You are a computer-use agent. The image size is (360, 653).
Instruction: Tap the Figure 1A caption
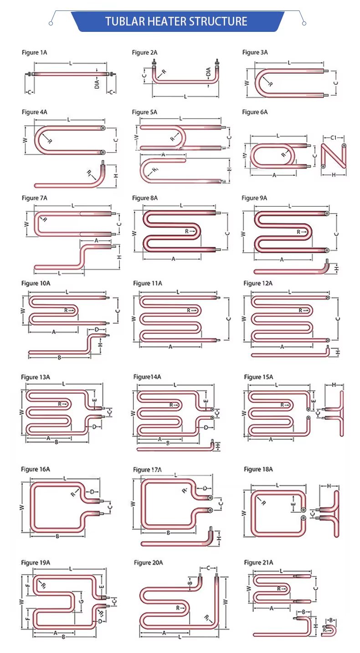(34, 53)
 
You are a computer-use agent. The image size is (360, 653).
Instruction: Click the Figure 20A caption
(148, 563)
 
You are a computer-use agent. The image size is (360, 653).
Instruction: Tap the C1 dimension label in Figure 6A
(333, 137)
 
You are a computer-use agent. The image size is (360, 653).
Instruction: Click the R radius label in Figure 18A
(263, 503)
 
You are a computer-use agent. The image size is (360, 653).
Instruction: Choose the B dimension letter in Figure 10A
(59, 357)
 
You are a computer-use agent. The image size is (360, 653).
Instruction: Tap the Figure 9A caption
(254, 198)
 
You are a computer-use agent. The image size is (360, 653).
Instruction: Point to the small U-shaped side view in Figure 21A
(329, 630)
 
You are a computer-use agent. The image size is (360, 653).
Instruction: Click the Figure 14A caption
(147, 377)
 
